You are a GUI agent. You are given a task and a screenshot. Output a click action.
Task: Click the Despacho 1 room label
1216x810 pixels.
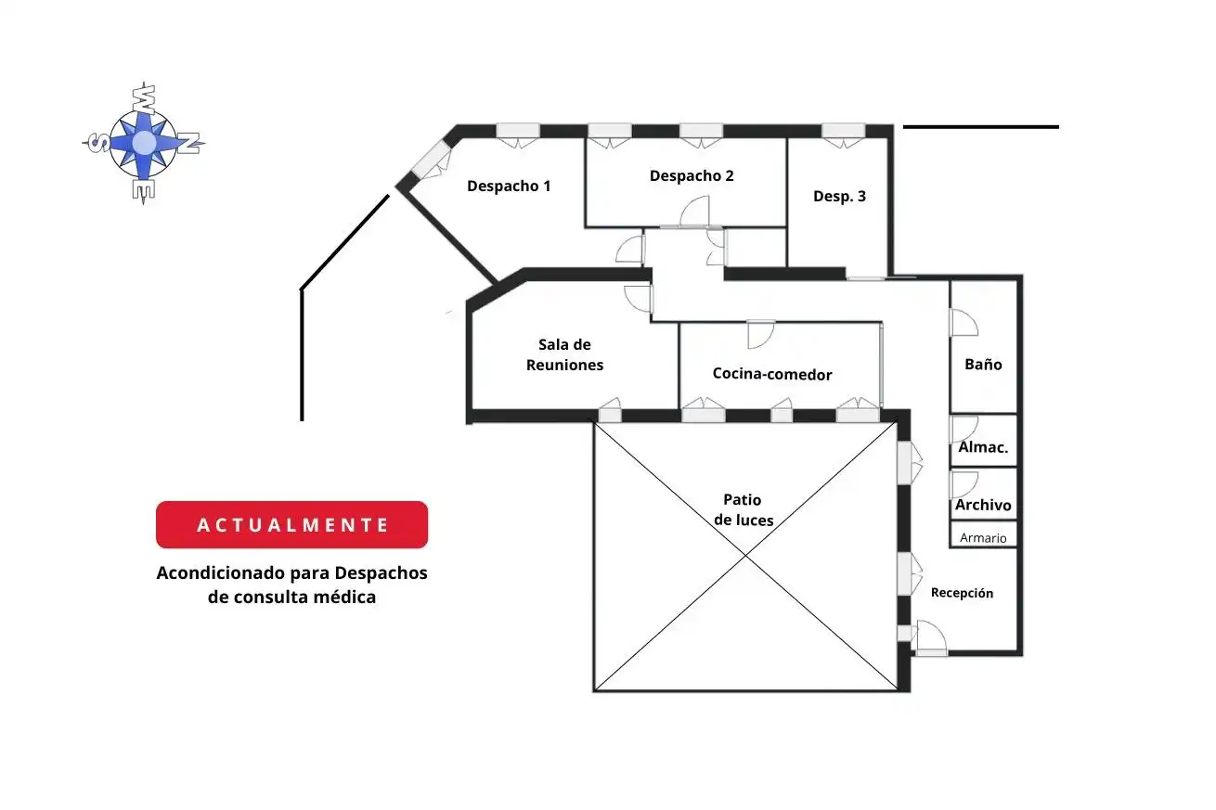[x=509, y=186]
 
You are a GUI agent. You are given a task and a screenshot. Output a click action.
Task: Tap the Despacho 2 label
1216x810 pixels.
[x=692, y=176]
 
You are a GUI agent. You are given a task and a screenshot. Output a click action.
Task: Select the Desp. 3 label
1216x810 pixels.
[x=839, y=197]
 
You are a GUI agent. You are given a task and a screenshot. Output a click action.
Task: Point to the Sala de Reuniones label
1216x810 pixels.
[x=564, y=354]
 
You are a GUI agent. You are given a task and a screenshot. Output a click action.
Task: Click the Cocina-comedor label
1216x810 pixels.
[x=772, y=374]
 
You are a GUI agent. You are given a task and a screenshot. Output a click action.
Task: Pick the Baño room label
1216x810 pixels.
[x=983, y=364]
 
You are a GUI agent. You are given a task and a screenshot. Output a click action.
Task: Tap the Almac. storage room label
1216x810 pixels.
[x=983, y=447]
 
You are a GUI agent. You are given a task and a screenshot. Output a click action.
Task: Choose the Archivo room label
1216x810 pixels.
[x=983, y=505]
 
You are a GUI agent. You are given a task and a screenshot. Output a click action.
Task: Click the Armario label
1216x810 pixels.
[x=983, y=537]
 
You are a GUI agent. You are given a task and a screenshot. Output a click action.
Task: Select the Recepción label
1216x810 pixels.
[x=962, y=593]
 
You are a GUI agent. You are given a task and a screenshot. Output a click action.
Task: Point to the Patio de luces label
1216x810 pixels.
[x=744, y=510]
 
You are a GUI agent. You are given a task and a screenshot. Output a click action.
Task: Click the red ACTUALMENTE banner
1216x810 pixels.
[x=292, y=524]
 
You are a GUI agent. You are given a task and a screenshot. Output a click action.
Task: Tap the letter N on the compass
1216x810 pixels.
[x=189, y=143]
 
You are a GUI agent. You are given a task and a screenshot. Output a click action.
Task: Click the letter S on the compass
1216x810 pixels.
[x=98, y=144]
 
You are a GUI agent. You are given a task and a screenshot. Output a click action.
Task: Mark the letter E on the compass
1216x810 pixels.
[x=144, y=190]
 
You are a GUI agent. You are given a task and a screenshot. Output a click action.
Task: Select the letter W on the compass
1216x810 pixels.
[x=144, y=99]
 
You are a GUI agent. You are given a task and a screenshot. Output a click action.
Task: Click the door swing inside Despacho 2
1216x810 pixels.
[x=695, y=211]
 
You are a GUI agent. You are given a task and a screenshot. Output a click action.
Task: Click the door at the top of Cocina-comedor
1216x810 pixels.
[x=761, y=335]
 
